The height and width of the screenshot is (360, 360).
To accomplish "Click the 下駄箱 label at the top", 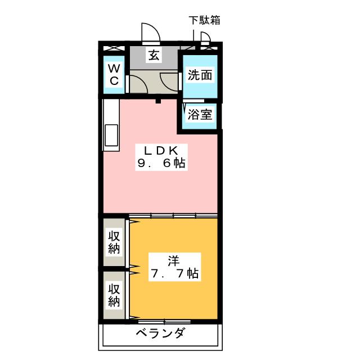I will [204, 20].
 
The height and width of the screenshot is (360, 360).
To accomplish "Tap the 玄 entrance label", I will [153, 55].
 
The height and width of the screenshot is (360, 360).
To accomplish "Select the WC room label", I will [114, 74].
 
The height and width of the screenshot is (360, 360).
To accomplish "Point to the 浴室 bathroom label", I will [200, 115].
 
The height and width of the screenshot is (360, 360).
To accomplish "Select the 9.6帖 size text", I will [161, 164].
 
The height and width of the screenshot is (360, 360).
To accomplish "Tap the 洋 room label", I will [173, 261].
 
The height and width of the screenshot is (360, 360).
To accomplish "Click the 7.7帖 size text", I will [173, 274].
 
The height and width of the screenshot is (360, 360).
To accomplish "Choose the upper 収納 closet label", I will [115, 242].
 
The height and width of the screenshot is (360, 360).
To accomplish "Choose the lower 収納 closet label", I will [115, 295].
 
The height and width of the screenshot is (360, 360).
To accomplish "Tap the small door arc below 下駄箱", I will [205, 38].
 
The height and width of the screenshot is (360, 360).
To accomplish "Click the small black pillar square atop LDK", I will [159, 101].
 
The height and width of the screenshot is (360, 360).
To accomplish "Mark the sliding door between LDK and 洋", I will [173, 215].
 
